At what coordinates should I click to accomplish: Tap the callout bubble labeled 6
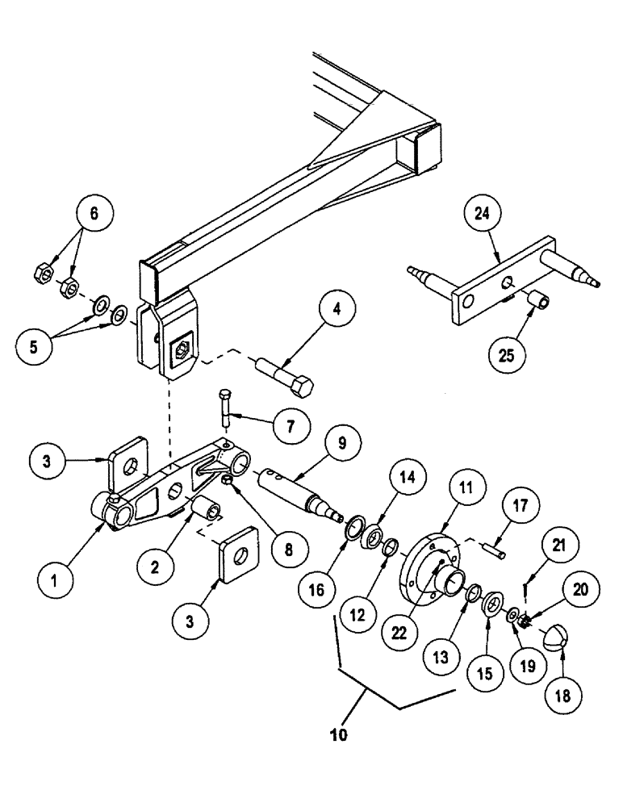coord(94,214)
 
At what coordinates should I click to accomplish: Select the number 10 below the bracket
coord(340,736)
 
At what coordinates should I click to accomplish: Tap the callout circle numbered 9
coord(340,443)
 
